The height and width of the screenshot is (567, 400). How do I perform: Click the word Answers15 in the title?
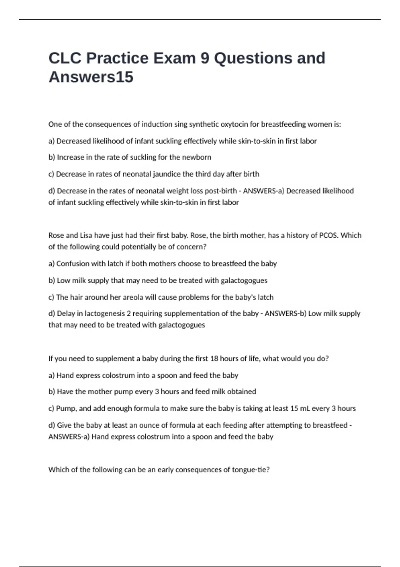click(91, 77)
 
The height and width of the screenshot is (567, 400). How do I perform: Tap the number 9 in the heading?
click(205, 58)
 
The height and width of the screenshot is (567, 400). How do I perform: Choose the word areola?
click(134, 298)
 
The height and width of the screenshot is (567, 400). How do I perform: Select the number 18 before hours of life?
click(214, 359)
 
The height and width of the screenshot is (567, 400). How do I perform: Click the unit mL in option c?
click(305, 409)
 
